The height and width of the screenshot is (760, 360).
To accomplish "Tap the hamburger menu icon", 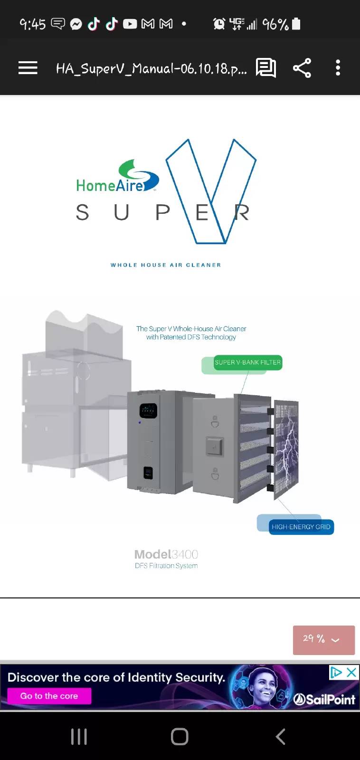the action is click(28, 68).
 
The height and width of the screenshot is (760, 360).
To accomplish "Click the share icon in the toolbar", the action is click(302, 68).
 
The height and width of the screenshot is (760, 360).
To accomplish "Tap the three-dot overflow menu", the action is click(338, 68).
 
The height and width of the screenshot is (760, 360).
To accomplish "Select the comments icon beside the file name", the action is click(266, 68).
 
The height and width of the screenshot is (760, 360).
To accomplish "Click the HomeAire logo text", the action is click(110, 186).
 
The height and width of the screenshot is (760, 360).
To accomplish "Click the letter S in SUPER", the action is click(83, 212).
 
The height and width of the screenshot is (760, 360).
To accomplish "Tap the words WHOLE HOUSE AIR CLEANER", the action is click(166, 265).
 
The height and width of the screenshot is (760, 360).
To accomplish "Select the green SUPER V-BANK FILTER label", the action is click(248, 362).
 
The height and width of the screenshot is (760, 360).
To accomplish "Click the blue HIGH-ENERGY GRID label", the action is click(301, 527).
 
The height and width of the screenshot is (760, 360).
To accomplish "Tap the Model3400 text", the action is click(166, 554).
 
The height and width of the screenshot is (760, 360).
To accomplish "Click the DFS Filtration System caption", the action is click(166, 566).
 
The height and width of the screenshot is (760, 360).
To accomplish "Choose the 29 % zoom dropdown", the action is click(324, 640).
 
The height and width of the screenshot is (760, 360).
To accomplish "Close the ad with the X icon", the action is click(351, 672).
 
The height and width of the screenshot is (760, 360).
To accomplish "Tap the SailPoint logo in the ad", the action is click(324, 699).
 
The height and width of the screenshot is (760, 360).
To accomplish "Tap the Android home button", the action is click(180, 737).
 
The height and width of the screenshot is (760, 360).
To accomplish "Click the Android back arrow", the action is click(280, 737).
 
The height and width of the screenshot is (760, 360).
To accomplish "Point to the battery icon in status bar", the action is click(296, 24).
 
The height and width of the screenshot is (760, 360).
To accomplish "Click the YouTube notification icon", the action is click(130, 24).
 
